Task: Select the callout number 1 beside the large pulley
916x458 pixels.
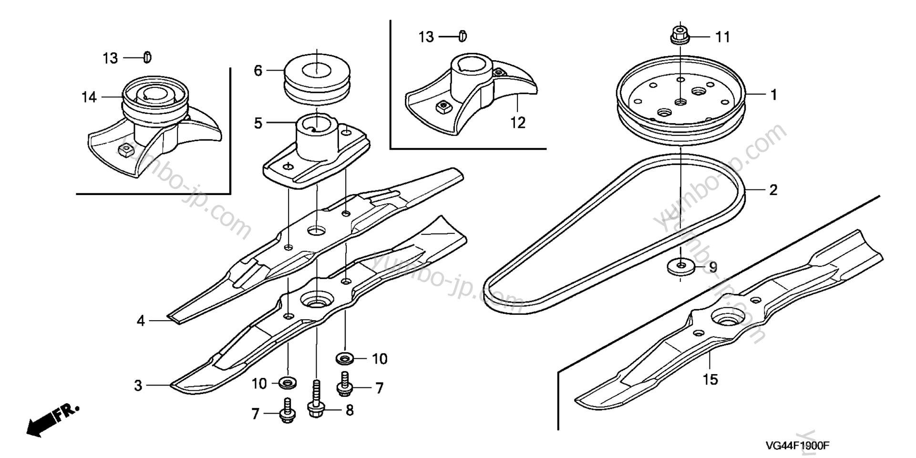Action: tap(773, 94)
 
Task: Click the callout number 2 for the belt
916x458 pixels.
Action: tap(773, 190)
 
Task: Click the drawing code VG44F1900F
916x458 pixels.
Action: tap(797, 446)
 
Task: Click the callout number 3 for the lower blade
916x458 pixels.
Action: tap(138, 385)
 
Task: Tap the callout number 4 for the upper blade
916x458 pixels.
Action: tap(140, 321)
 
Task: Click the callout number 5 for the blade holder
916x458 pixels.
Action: tap(258, 124)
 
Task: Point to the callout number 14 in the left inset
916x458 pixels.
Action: tap(89, 97)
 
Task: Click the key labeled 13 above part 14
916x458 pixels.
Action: tap(147, 57)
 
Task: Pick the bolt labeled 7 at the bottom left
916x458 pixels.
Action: tap(287, 411)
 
